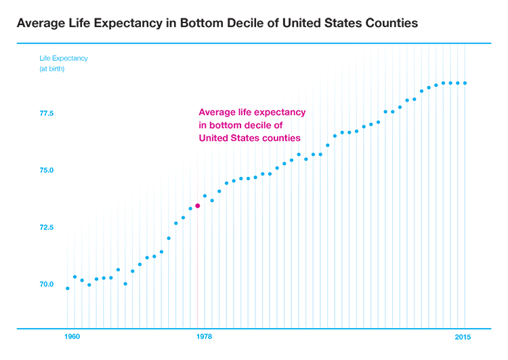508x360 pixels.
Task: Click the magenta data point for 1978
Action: click(x=197, y=205)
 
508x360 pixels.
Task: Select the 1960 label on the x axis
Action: click(x=72, y=338)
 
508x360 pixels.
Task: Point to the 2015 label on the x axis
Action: click(x=463, y=338)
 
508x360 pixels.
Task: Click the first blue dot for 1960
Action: click(x=67, y=288)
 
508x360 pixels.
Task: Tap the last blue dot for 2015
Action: click(x=465, y=83)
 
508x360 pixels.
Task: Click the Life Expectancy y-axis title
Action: click(x=63, y=58)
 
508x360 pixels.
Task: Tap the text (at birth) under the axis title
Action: click(x=51, y=70)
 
